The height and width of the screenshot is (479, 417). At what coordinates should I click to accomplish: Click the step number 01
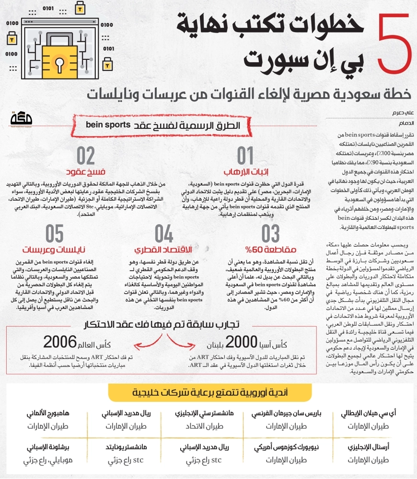(x=246, y=157)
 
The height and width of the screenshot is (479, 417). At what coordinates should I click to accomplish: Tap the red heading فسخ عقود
(x=85, y=171)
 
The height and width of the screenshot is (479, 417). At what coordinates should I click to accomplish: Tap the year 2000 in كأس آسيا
(x=243, y=342)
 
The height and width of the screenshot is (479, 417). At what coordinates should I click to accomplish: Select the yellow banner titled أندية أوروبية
(x=208, y=392)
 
